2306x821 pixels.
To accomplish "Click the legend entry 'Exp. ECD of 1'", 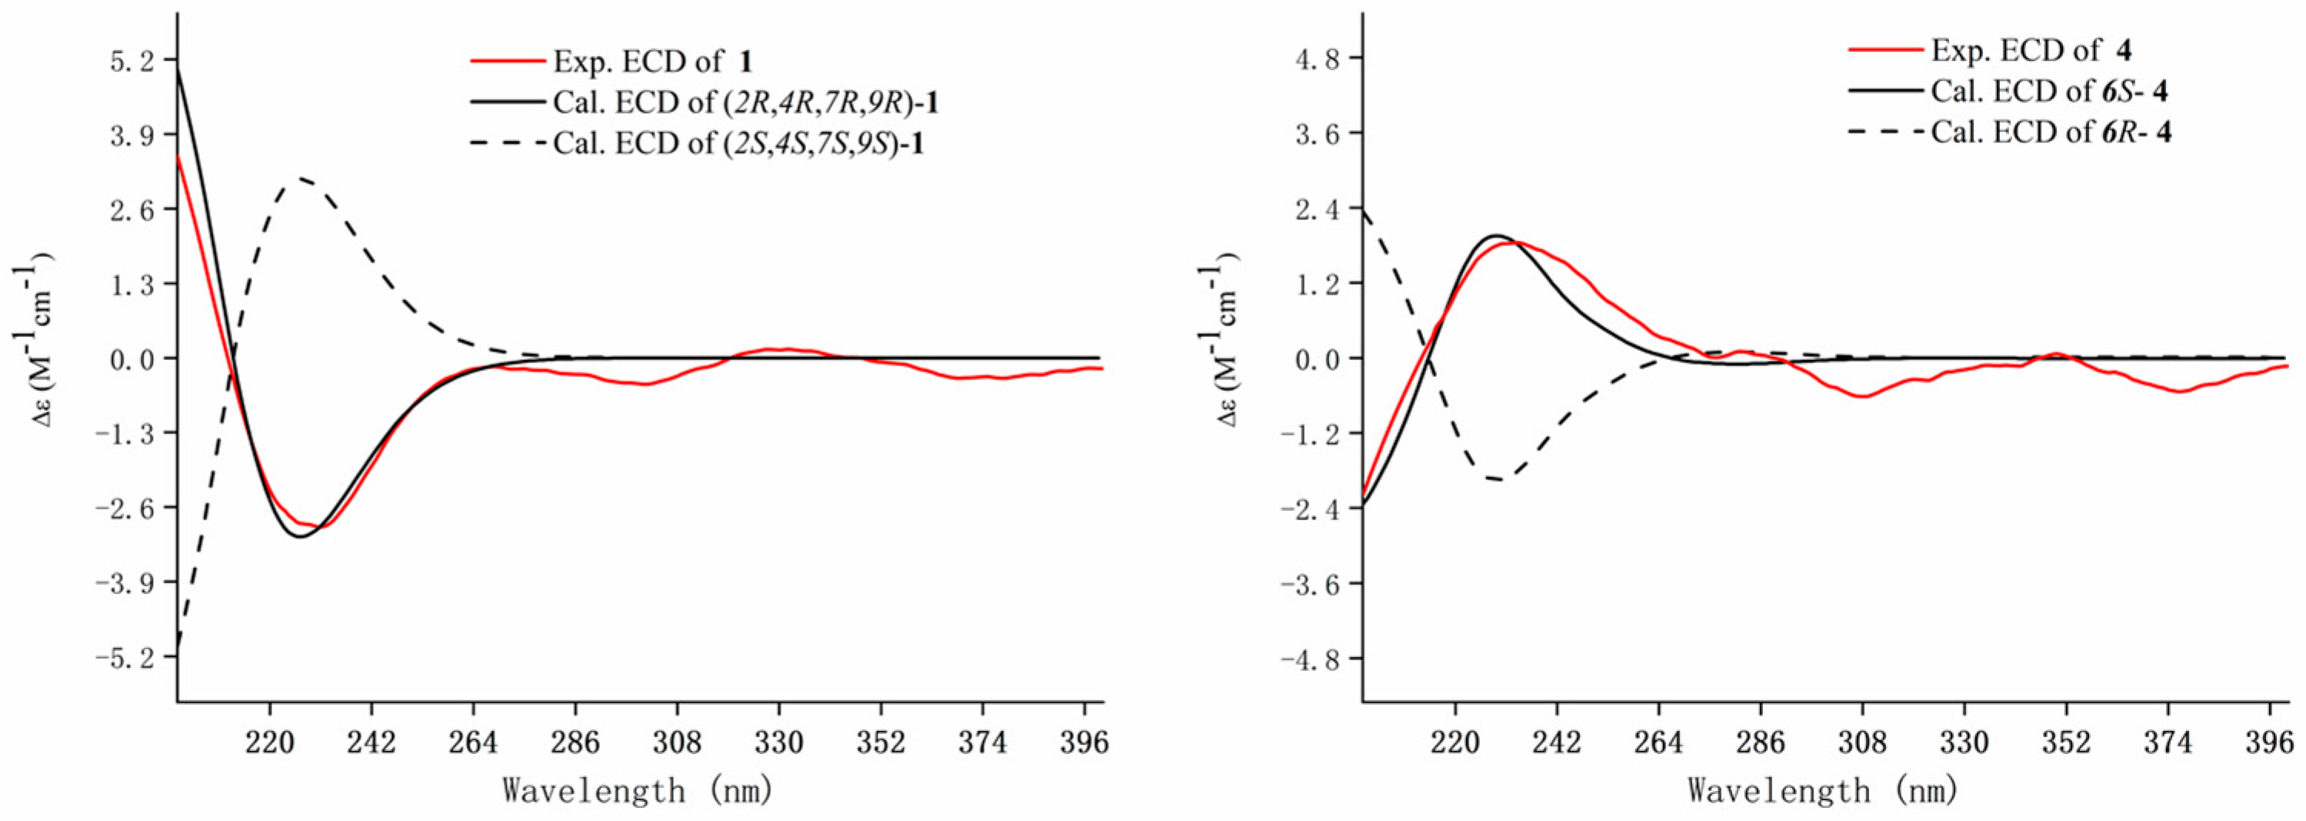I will [x=651, y=61].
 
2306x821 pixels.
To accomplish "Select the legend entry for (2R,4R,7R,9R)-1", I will [x=745, y=102].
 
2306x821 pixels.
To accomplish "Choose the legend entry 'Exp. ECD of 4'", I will [x=2027, y=50].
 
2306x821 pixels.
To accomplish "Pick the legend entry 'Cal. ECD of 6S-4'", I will [x=2049, y=92].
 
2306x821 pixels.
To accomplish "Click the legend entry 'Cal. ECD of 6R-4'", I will [x=2051, y=132].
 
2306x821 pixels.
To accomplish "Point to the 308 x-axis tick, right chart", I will [x=1863, y=743].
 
